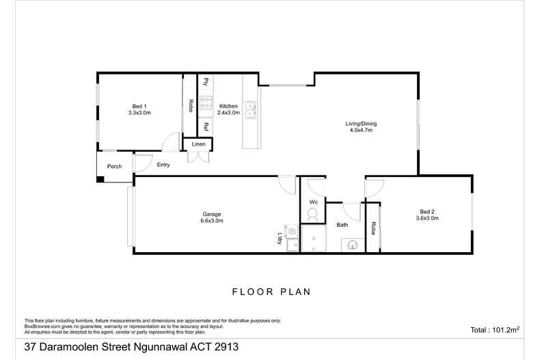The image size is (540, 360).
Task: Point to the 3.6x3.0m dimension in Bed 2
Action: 427,219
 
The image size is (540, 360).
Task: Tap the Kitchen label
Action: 228,106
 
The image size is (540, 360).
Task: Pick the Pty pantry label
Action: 205,82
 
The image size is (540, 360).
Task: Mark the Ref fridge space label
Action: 205,127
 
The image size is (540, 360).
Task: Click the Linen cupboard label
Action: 198,144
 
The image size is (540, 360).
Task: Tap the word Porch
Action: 114,167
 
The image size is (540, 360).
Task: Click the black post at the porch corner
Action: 100,180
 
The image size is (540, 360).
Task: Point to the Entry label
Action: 163,165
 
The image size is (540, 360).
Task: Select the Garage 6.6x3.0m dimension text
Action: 212,221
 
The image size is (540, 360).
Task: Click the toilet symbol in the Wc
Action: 313,214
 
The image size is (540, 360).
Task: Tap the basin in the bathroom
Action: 353,243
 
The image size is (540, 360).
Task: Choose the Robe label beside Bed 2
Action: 373,229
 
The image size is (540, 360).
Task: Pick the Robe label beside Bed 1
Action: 190,106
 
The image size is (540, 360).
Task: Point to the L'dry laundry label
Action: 280,238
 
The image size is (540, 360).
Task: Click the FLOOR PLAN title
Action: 271,292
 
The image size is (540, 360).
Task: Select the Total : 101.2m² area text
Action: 496,329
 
